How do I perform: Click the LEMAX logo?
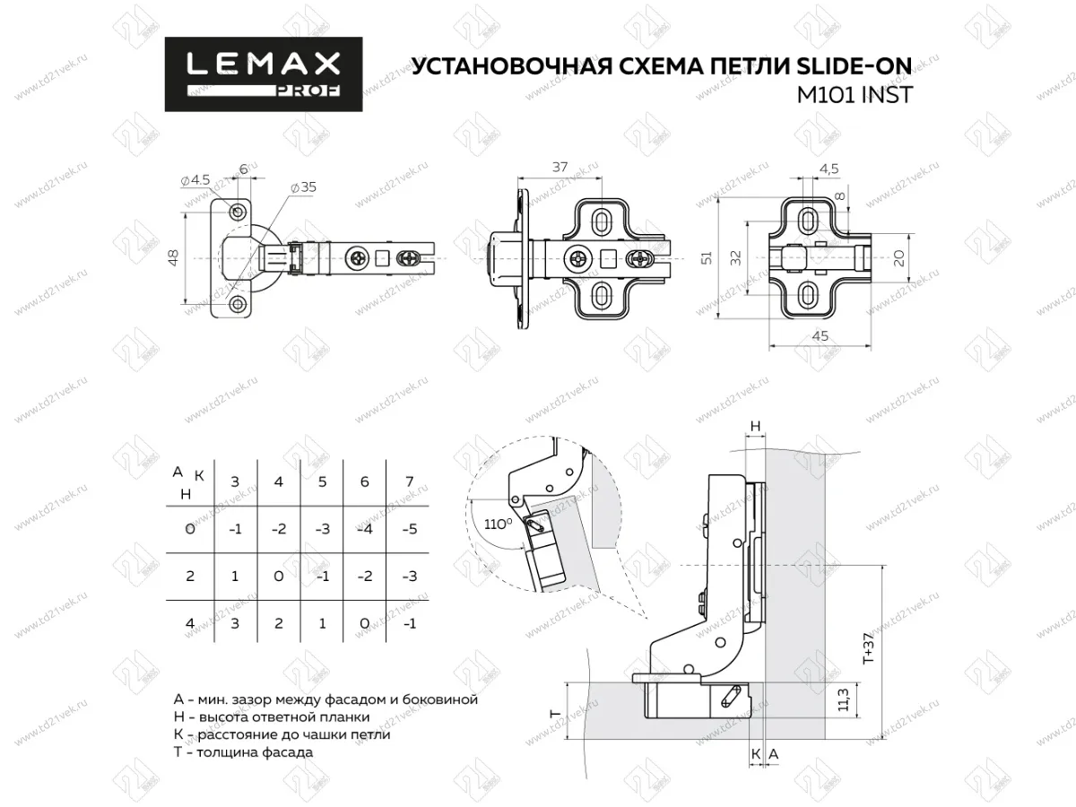pos(263,74)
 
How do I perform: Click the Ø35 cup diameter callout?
pos(306,188)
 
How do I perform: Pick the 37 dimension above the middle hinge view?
pos(560,168)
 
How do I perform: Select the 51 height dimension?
pos(707,258)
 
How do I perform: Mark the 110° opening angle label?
pos(496,522)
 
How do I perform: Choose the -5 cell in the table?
pos(409,529)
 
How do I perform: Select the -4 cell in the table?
pos(365,529)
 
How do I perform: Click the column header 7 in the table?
pos(409,482)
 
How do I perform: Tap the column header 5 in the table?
pos(321,482)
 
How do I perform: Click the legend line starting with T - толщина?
pos(244,752)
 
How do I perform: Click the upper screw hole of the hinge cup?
pos(238,212)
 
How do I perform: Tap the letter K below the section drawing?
pos(757,756)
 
